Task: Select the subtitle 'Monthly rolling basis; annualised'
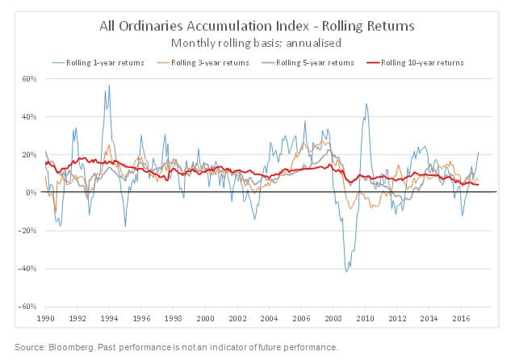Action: point(257,42)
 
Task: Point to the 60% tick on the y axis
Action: point(30,79)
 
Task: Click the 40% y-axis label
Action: point(30,117)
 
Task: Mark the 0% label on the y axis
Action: point(32,193)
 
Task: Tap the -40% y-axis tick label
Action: point(28,269)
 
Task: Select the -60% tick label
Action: point(28,307)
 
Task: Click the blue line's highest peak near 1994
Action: point(108,86)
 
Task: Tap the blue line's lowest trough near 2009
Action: point(346,271)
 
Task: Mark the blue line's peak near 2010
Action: point(366,104)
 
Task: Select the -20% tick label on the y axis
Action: point(28,231)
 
